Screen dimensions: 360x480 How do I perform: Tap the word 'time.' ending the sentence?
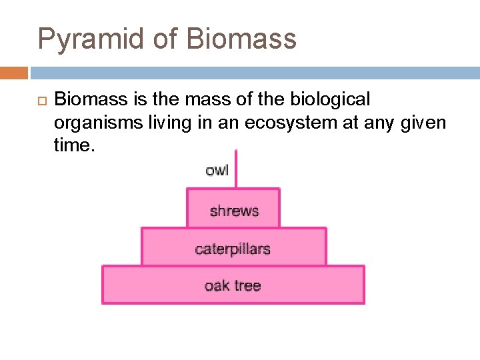(74, 146)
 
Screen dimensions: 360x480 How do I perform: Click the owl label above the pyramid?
(217, 170)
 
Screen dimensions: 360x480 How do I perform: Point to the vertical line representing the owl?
(236, 169)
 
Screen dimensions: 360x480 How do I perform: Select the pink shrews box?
(233, 208)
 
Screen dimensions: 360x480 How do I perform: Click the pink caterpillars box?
(233, 247)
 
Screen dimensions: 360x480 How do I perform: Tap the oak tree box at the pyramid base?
(233, 285)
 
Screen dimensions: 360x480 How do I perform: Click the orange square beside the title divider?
(13, 73)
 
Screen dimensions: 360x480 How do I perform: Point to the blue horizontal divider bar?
(253, 73)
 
